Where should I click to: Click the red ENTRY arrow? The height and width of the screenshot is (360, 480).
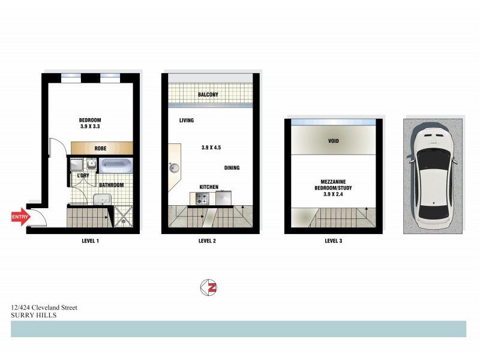coord(20,217)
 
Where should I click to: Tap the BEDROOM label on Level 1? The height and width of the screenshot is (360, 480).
coord(91,119)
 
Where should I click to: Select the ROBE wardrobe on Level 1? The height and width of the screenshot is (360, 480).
coord(101,148)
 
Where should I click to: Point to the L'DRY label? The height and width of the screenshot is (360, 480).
coord(84,175)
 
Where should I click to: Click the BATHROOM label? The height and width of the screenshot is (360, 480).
coord(112,185)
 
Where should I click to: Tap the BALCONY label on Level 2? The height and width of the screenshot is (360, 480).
coord(208,95)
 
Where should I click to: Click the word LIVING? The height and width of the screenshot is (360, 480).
coord(187,121)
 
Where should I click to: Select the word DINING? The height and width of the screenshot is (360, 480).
coord(232,168)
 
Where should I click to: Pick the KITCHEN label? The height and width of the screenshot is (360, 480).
coord(209,187)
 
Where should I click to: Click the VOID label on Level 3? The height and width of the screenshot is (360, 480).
coord(334,142)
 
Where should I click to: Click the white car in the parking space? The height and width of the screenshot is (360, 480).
coord(433,175)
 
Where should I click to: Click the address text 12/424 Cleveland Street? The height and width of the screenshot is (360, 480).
coord(44,308)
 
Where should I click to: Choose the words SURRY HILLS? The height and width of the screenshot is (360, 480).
coord(34,314)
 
